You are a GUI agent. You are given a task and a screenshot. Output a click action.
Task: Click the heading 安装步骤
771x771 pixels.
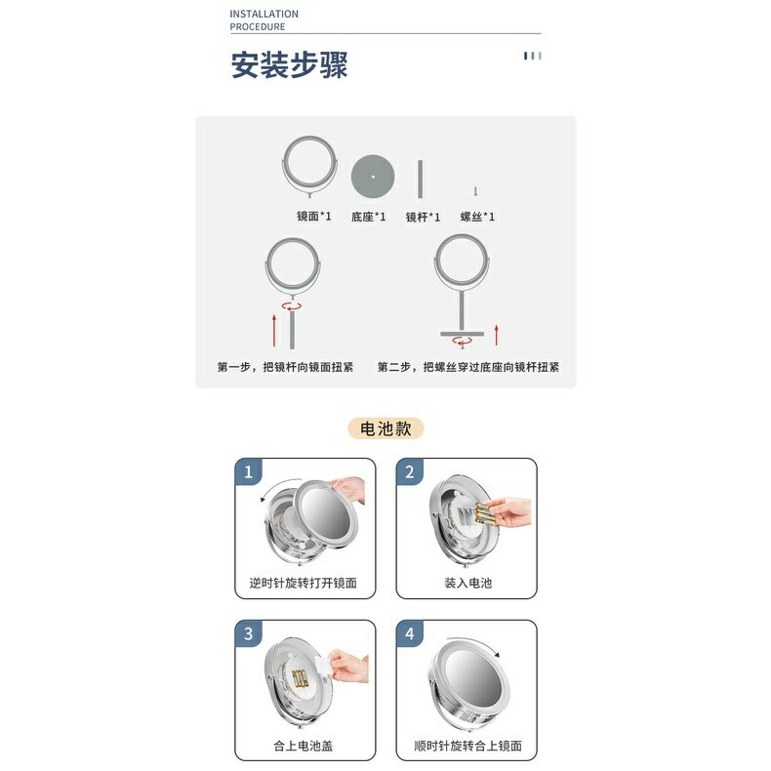(x=289, y=64)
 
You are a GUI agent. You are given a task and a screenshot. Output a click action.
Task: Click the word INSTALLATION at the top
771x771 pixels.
(x=264, y=14)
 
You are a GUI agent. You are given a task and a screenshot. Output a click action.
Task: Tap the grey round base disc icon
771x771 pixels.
(x=373, y=177)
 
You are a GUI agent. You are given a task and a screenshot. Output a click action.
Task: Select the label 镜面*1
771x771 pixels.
(x=313, y=216)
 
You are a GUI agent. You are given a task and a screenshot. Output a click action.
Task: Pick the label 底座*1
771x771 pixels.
(x=368, y=217)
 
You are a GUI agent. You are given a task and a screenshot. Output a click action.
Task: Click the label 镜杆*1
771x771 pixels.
(x=423, y=217)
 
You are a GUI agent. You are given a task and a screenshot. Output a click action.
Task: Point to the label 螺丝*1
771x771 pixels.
(x=477, y=217)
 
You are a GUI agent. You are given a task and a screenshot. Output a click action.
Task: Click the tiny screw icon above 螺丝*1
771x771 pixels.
(x=475, y=190)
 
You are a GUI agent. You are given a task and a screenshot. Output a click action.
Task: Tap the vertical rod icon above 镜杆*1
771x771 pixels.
(x=420, y=179)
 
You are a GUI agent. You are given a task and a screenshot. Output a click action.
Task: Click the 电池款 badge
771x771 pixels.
(x=385, y=428)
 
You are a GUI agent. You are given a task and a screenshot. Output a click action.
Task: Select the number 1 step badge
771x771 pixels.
(x=248, y=471)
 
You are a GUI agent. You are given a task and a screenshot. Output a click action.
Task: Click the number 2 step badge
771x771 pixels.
(x=410, y=471)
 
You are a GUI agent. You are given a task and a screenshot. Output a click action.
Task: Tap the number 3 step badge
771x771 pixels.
(x=248, y=633)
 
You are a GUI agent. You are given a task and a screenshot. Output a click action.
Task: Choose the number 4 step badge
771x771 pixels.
(x=410, y=633)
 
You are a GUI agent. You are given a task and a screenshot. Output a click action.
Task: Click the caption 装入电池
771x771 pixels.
(x=468, y=584)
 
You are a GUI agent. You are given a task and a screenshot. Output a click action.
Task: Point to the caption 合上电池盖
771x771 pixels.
(x=303, y=746)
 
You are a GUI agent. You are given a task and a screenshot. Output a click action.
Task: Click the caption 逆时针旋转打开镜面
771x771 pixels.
(x=303, y=584)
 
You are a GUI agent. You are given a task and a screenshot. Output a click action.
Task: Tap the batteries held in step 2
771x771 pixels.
(x=485, y=513)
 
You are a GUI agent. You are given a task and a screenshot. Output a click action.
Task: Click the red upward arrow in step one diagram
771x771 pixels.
(x=274, y=331)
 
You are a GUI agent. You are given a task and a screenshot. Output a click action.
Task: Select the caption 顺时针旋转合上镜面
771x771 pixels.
(x=468, y=746)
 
